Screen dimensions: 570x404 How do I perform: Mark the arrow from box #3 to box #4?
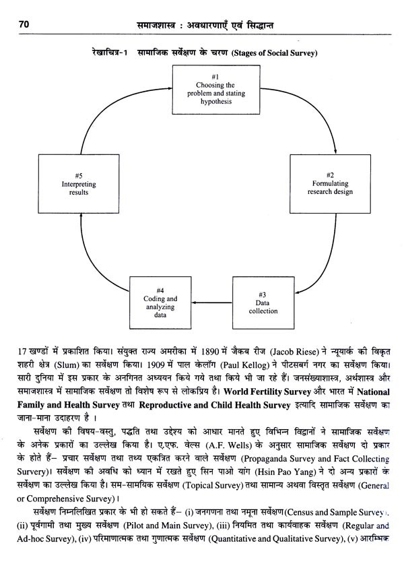click(214, 301)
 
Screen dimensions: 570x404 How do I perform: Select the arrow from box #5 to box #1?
click(108, 115)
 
